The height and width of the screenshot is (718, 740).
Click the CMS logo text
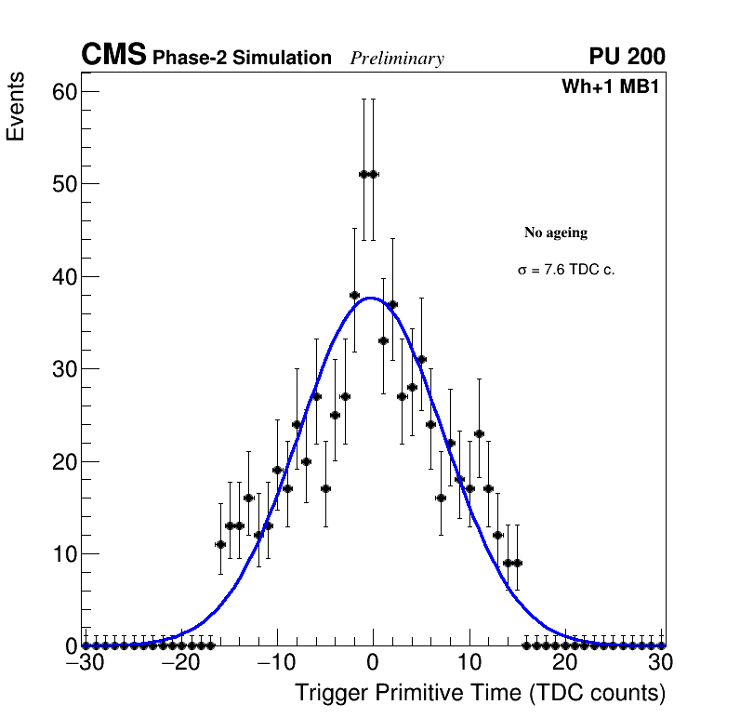click(x=113, y=56)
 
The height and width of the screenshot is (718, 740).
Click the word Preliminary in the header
click(x=397, y=59)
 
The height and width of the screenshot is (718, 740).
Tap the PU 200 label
click(x=627, y=57)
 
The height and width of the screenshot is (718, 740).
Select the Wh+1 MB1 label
click(x=610, y=87)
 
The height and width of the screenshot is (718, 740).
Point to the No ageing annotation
click(x=556, y=233)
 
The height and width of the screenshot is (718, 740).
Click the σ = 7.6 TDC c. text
click(x=566, y=270)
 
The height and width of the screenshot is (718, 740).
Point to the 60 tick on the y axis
click(x=64, y=91)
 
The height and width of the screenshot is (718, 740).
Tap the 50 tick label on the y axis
click(x=64, y=184)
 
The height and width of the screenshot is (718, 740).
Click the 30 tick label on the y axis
click(x=64, y=369)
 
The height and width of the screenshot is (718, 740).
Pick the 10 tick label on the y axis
click(x=64, y=554)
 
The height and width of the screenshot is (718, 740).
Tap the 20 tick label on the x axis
click(x=564, y=662)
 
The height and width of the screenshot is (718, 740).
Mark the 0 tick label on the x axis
click(x=373, y=662)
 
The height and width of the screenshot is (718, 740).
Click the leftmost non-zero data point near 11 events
click(x=220, y=544)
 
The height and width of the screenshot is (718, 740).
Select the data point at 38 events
click(x=354, y=295)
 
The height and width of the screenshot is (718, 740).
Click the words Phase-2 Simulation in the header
click(x=242, y=59)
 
